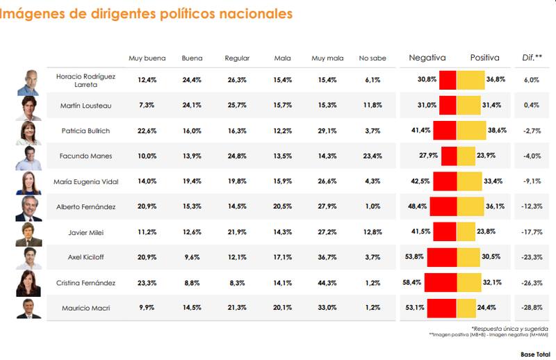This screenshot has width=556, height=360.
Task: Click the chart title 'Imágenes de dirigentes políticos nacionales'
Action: click(x=146, y=14)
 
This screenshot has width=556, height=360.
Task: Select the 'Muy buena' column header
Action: click(x=147, y=58)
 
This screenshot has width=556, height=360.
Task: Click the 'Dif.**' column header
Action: click(x=532, y=58)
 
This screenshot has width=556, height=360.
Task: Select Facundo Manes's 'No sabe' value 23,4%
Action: click(x=373, y=156)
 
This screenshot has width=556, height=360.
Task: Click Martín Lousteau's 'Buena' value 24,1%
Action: click(x=192, y=105)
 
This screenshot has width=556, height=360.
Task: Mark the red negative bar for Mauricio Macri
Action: click(x=441, y=309)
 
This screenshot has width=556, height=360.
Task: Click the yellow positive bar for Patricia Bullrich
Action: click(x=471, y=130)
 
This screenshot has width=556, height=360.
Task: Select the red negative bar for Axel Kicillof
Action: click(x=441, y=258)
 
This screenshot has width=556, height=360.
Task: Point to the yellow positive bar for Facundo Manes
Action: click(x=466, y=156)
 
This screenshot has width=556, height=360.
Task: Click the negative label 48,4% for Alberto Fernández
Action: click(x=418, y=206)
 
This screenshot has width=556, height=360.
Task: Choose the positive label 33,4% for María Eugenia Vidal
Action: click(x=493, y=181)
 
